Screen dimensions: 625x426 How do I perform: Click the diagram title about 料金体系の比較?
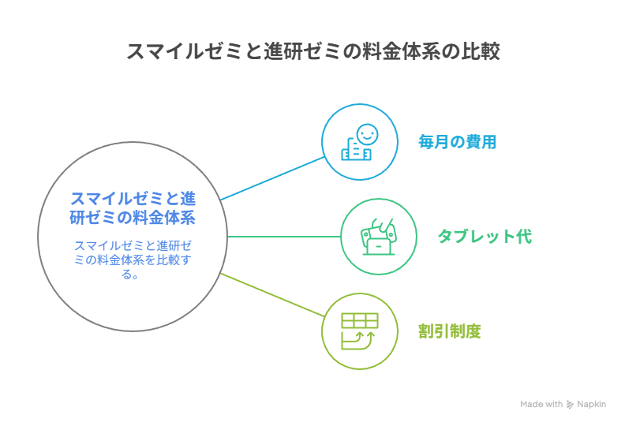coord(313,51)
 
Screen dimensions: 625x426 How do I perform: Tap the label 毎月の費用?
coord(457,142)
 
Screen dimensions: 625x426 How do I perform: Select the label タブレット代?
coord(485,237)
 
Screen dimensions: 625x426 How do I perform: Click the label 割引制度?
coord(450,331)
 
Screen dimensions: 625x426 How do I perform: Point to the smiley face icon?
coord(367,134)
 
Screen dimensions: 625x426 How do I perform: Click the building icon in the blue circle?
coord(356,149)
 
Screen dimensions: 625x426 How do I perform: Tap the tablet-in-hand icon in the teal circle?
coord(379,237)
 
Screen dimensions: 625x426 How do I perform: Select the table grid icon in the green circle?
coord(360,321)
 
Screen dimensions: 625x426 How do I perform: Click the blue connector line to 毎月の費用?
coord(272,178)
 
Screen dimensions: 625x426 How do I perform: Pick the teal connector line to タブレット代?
coord(284,237)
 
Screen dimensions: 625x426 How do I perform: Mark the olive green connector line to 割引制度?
coord(272,295)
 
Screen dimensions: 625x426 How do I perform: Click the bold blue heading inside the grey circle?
coord(133,208)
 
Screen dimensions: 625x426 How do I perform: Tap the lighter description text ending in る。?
coord(133,260)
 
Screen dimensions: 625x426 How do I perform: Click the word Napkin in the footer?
coord(592,404)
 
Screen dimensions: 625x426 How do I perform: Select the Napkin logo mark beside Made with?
coord(570,405)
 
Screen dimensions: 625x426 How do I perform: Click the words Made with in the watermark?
coord(541,404)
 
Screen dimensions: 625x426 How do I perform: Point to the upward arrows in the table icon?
coord(365,337)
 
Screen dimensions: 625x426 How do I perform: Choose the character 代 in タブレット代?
coord(524,237)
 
